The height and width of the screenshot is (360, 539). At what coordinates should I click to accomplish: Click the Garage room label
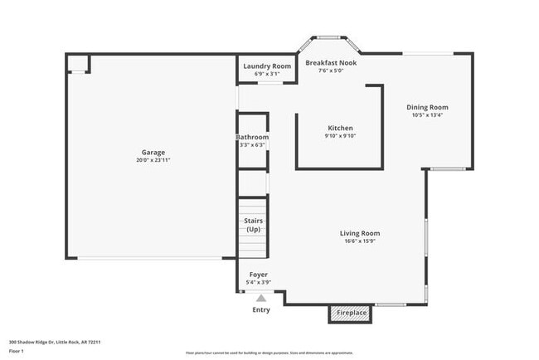click(x=153, y=152)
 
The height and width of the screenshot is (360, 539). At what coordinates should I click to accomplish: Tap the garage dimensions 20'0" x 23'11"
click(x=153, y=159)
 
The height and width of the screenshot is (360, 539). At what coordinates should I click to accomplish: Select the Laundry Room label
click(x=267, y=66)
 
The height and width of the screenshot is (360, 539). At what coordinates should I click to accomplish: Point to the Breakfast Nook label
click(x=332, y=62)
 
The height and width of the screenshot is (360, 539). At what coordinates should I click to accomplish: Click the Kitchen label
click(x=340, y=128)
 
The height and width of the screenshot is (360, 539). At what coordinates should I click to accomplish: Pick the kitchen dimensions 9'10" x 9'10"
click(x=340, y=136)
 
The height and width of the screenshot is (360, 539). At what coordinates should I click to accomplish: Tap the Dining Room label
click(x=427, y=107)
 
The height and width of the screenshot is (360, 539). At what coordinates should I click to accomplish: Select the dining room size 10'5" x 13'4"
click(x=427, y=115)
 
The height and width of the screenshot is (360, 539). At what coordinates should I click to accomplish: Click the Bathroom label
click(x=252, y=137)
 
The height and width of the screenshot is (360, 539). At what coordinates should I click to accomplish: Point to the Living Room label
click(x=359, y=233)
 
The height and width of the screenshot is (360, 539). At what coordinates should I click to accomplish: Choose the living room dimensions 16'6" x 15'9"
click(x=359, y=241)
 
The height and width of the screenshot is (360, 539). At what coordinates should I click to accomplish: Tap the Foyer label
click(x=258, y=274)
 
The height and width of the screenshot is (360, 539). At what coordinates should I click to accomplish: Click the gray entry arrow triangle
click(x=261, y=297)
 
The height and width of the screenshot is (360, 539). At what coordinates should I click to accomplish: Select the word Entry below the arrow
click(x=261, y=309)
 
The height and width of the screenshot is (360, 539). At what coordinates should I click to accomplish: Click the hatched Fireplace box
click(x=352, y=313)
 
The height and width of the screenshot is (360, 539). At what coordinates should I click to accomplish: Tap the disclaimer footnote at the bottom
click(x=269, y=353)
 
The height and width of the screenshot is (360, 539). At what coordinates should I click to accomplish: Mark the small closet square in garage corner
click(x=77, y=63)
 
